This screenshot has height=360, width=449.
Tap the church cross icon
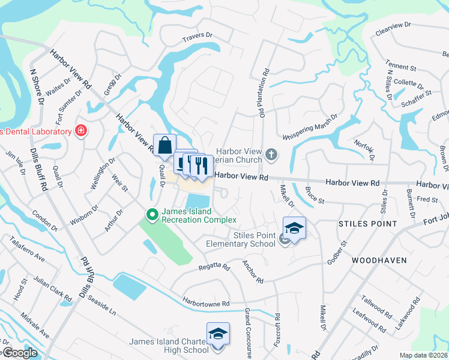coord(272,155)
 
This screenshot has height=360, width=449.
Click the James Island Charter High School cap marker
coord(218,334)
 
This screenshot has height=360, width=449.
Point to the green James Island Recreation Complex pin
coord(152,214)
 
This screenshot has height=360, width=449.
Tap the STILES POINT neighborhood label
coord(368,224)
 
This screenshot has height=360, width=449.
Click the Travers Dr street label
coord(199,38)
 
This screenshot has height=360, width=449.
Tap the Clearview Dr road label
coord(392,28)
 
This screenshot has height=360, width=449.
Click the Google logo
coord(19,353)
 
